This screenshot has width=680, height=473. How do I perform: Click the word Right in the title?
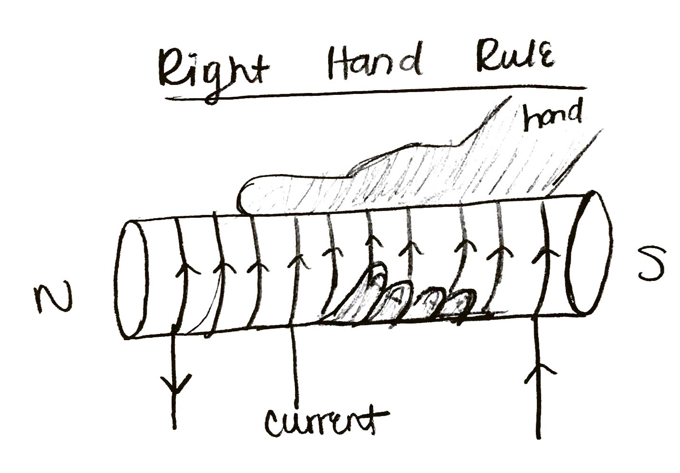213,71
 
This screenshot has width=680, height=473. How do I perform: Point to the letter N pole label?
53,298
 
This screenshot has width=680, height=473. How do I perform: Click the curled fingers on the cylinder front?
403,299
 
